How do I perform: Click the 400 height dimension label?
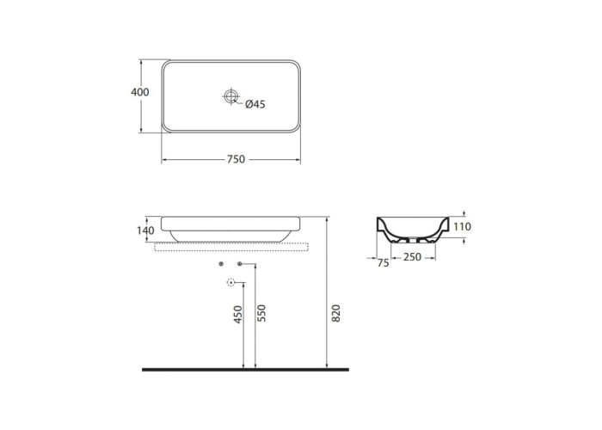click(139, 92)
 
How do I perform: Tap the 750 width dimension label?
click(236, 159)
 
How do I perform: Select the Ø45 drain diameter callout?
click(255, 104)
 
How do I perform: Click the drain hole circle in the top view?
click(231, 96)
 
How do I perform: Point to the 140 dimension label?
click(145, 230)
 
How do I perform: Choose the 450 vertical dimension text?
click(238, 314)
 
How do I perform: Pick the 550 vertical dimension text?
click(261, 313)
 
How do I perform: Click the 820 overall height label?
click(335, 313)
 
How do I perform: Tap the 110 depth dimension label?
click(462, 226)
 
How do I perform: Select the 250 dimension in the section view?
click(412, 257)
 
